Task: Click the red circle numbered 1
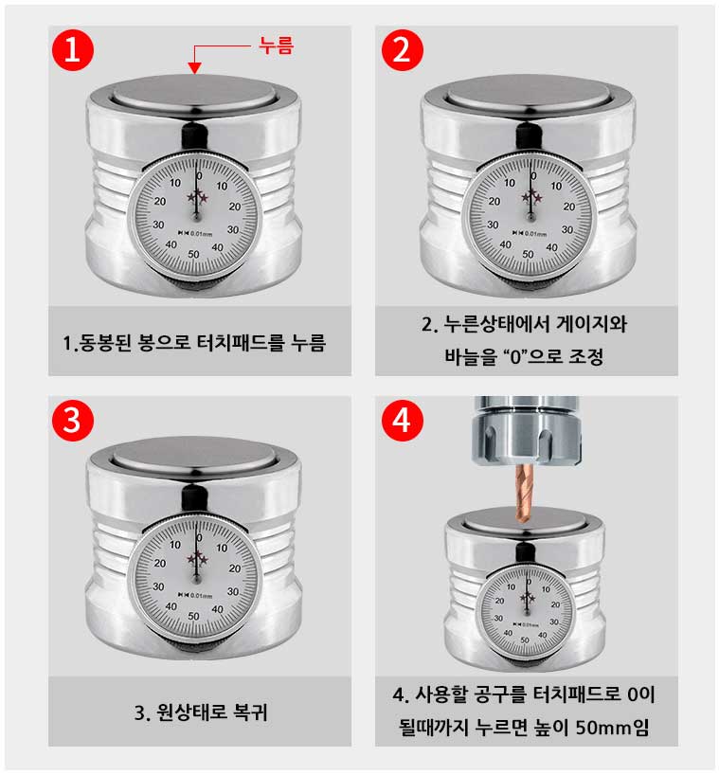pos(73,50)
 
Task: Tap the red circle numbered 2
pos(403,50)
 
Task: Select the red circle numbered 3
pos(73,420)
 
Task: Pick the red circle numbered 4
pos(403,420)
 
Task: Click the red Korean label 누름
pos(277,45)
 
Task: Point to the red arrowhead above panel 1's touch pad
pos(195,68)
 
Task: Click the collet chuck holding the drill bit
pos(527,430)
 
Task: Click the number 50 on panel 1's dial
pos(193,254)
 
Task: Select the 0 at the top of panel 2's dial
pos(533,176)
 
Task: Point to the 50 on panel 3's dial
pos(193,617)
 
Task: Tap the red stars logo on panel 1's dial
pos(197,196)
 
